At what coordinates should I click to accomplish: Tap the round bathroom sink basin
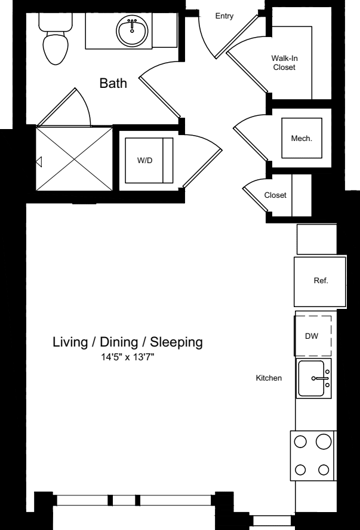(x=132, y=30)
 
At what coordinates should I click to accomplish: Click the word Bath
(x=113, y=83)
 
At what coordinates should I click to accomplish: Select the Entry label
(x=224, y=16)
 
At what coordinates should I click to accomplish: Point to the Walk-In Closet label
(x=284, y=63)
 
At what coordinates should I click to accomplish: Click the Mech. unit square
(x=301, y=138)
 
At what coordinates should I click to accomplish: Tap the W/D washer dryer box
(x=149, y=160)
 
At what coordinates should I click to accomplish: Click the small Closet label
(x=275, y=195)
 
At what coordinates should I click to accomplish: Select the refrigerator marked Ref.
(x=320, y=281)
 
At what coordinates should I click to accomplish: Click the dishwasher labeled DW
(x=313, y=336)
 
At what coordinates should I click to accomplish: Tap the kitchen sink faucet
(x=321, y=378)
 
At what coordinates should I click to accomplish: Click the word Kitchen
(x=269, y=378)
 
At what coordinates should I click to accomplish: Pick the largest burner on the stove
(x=324, y=442)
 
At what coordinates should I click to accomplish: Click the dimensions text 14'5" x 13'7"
(x=128, y=357)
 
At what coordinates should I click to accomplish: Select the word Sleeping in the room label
(x=176, y=342)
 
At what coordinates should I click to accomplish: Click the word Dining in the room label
(x=119, y=342)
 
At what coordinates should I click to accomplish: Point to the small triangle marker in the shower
(x=39, y=162)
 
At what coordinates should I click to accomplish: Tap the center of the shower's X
(x=74, y=158)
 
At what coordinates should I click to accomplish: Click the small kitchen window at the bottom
(x=272, y=520)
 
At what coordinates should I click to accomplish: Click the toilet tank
(x=56, y=22)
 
